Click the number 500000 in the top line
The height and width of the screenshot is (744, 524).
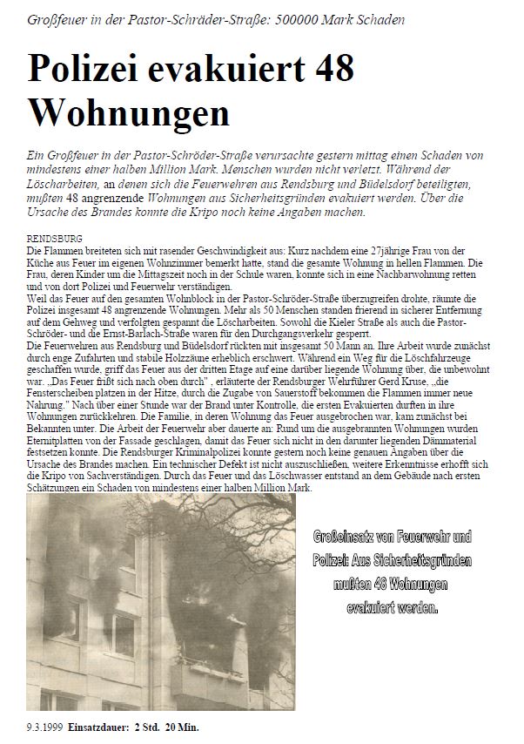tap(299, 19)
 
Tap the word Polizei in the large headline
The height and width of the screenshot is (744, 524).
tap(93, 70)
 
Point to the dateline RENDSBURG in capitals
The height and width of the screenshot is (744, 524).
tap(56, 237)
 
